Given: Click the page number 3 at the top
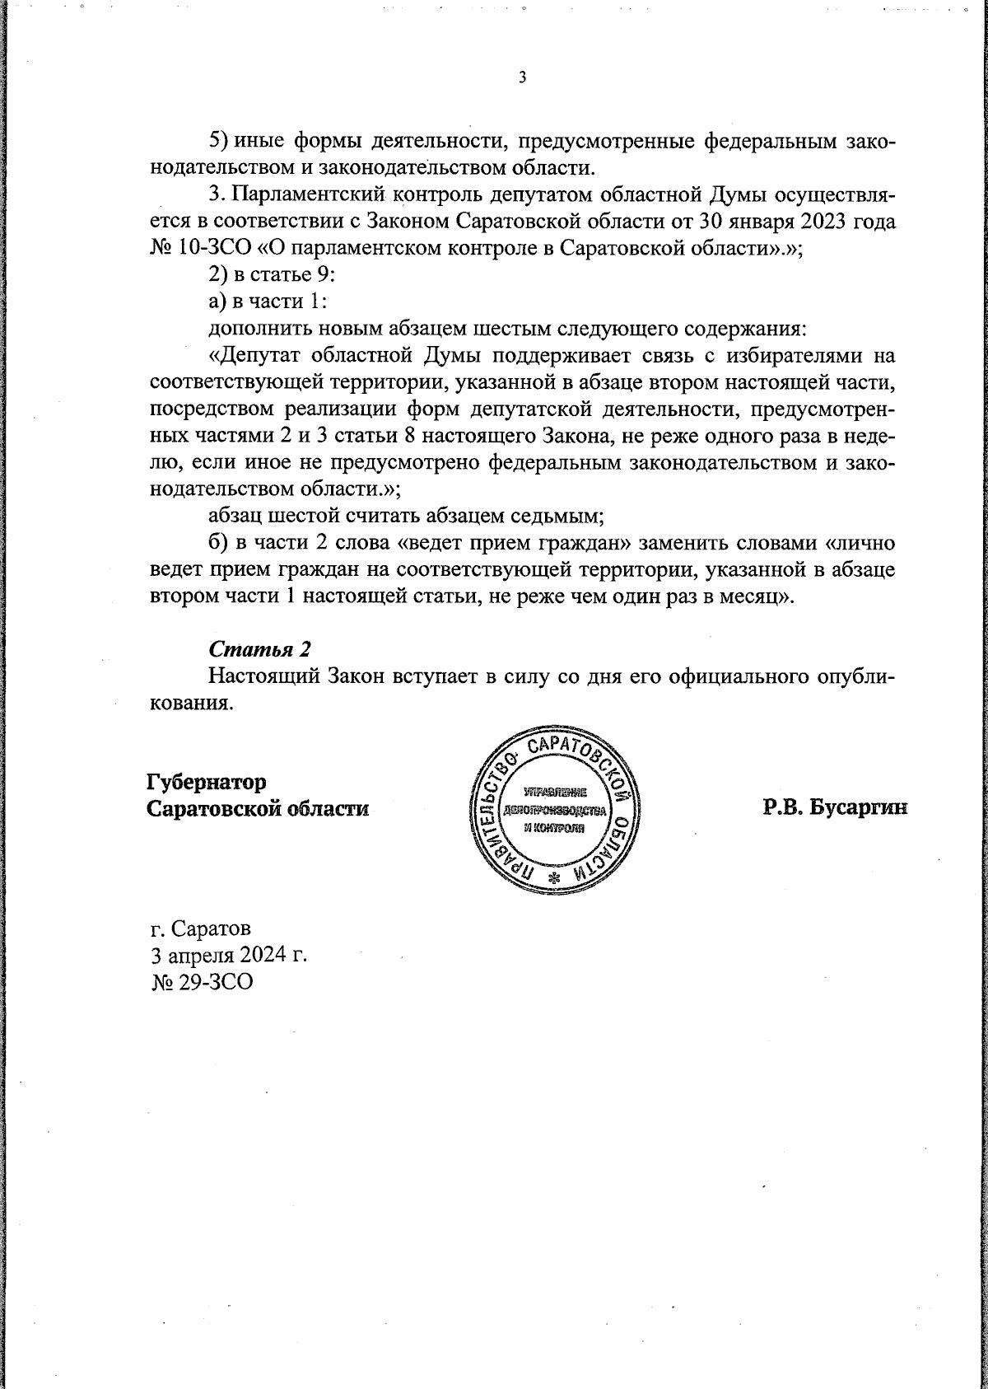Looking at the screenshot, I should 522,78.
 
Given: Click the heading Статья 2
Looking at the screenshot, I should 259,648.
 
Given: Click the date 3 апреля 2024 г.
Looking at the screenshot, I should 228,956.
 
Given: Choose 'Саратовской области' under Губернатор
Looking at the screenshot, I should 257,808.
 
